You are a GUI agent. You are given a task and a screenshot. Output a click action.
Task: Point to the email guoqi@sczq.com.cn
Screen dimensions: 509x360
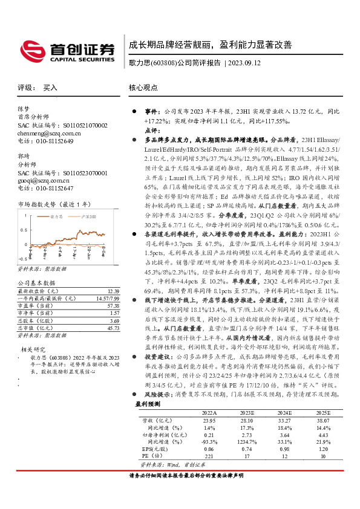(39, 180)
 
